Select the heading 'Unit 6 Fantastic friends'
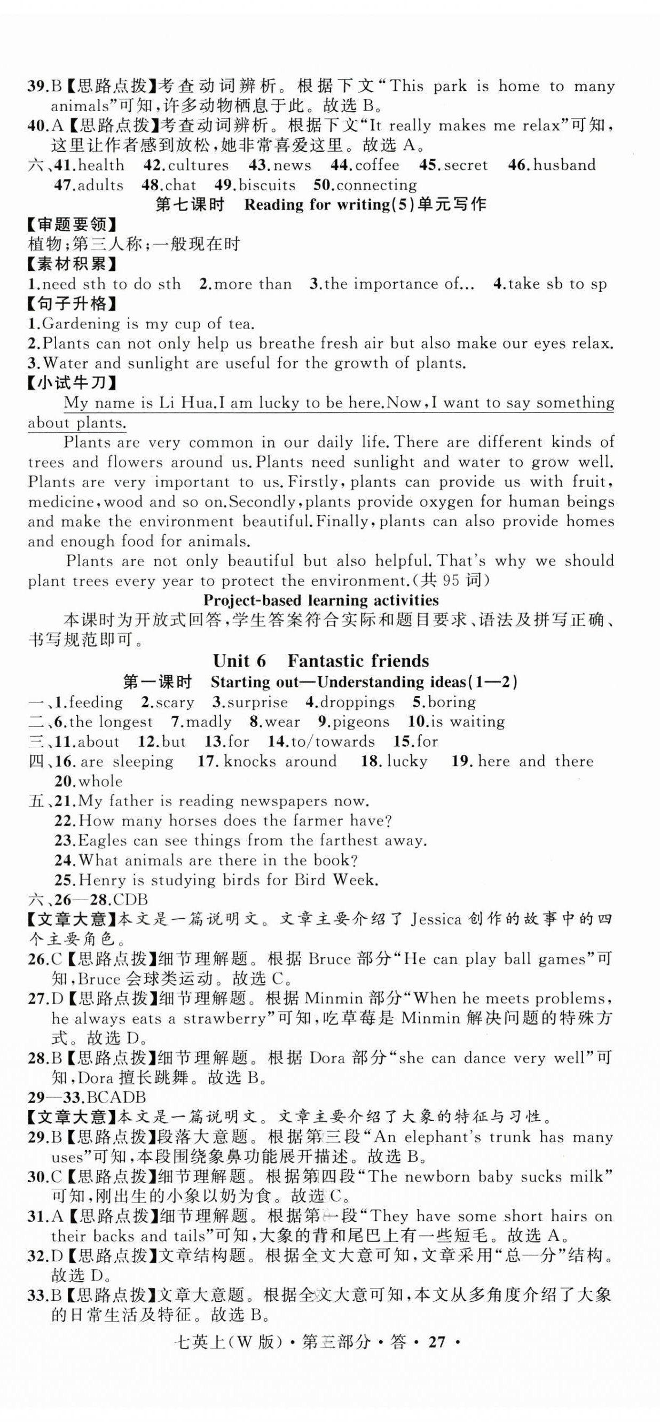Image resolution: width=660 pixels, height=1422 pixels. (x=320, y=661)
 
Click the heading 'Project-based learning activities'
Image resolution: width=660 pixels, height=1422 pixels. (x=321, y=600)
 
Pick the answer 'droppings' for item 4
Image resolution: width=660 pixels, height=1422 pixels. (x=357, y=702)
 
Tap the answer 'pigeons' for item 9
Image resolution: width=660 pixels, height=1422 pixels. (x=363, y=722)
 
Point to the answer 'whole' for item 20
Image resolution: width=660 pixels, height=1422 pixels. (x=100, y=781)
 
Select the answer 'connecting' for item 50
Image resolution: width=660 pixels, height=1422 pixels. (x=376, y=185)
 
